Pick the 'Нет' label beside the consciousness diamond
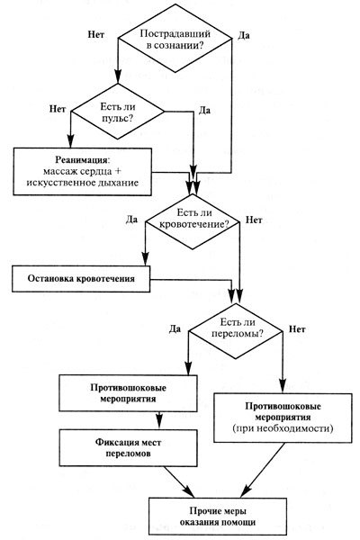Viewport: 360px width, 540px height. pos(97,34)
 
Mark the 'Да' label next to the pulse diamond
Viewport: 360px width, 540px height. pos(204,110)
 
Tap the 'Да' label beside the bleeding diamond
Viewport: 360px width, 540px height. pos(131,219)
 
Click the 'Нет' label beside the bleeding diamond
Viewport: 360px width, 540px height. pos(255,219)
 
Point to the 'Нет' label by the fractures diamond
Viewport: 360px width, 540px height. pos(298,329)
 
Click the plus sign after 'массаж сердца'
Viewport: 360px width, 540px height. pos(132,171)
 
